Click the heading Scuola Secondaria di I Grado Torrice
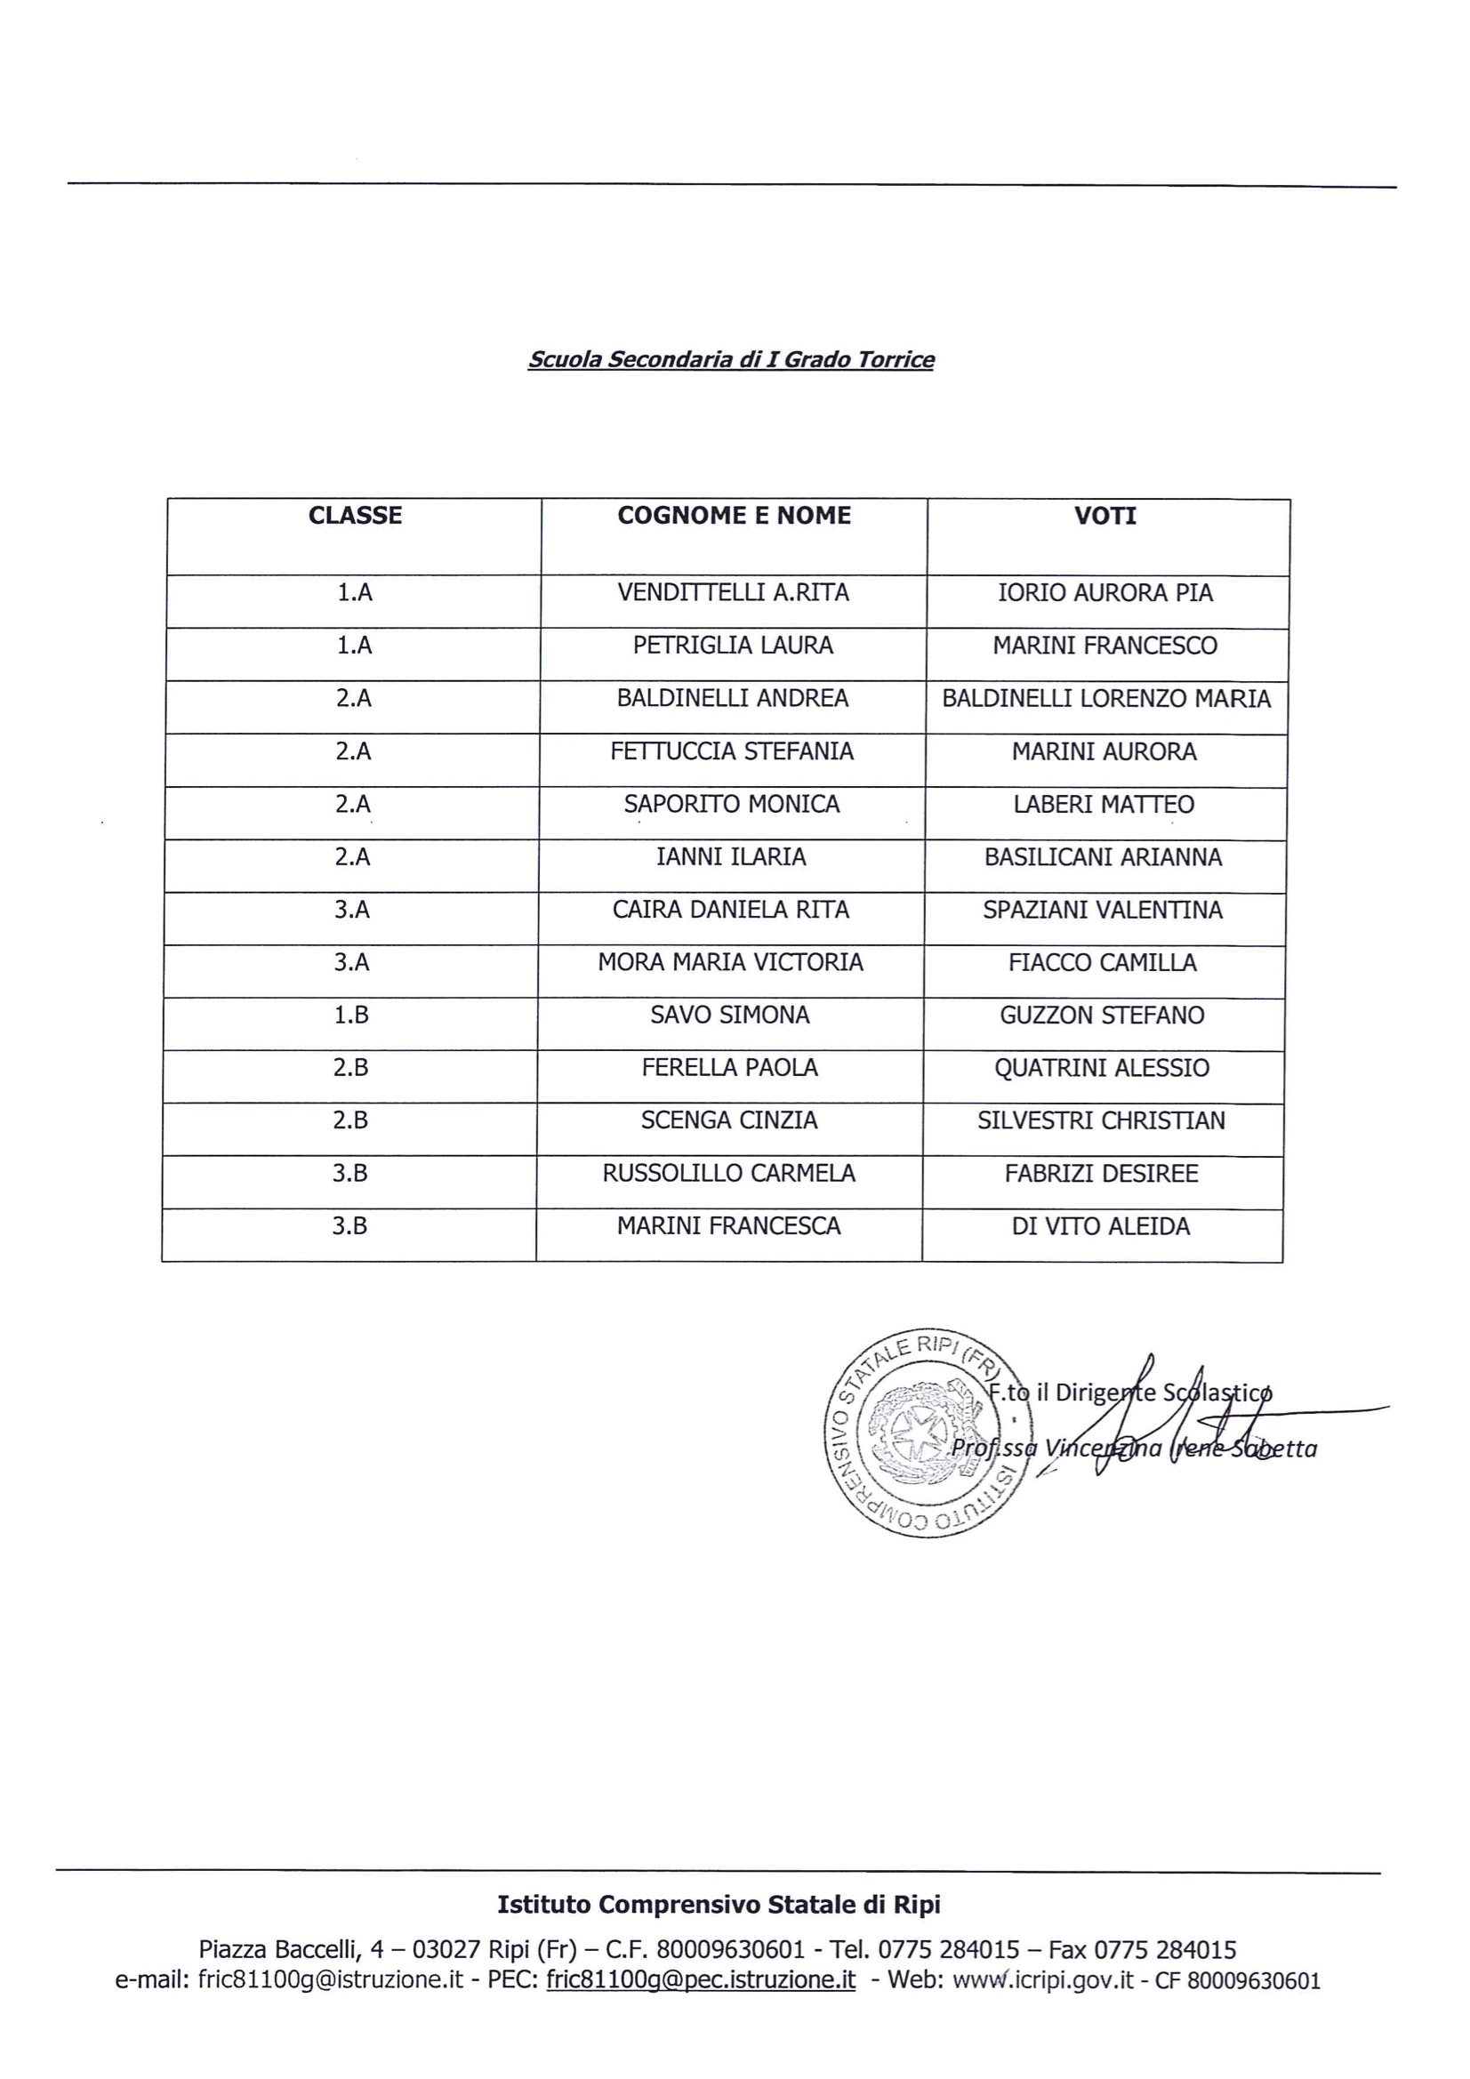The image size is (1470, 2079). [731, 359]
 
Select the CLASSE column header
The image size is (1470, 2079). [355, 515]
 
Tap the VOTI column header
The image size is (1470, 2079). [1105, 516]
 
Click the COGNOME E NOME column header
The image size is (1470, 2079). [734, 515]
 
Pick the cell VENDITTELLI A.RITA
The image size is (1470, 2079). [733, 592]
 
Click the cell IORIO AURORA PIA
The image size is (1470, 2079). [1105, 593]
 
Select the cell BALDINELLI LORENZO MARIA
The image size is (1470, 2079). [1106, 698]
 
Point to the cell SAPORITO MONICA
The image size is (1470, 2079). [732, 804]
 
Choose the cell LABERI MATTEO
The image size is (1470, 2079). [1104, 804]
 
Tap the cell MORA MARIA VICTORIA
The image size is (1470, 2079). [730, 961]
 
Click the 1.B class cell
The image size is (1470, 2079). [351, 1015]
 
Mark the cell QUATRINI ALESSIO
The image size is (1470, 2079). [1101, 1068]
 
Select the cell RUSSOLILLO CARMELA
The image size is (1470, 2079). [729, 1173]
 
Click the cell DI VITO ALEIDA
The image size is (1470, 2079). [1100, 1226]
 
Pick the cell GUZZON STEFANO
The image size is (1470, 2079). [1101, 1015]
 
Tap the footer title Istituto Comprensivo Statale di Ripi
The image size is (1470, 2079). [719, 1904]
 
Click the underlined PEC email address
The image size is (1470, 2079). [700, 1979]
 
